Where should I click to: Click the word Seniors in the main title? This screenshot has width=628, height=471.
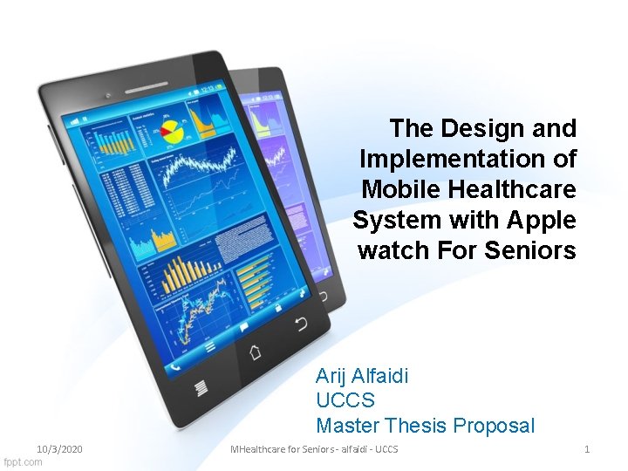(532, 251)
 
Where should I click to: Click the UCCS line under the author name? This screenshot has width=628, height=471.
(345, 401)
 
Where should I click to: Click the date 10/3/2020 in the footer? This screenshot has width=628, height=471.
(59, 448)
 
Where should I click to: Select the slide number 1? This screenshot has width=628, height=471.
(587, 448)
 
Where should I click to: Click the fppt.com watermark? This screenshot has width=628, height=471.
(23, 461)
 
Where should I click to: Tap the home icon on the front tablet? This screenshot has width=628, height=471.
(256, 352)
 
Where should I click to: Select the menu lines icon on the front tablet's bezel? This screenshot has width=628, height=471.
(201, 386)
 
